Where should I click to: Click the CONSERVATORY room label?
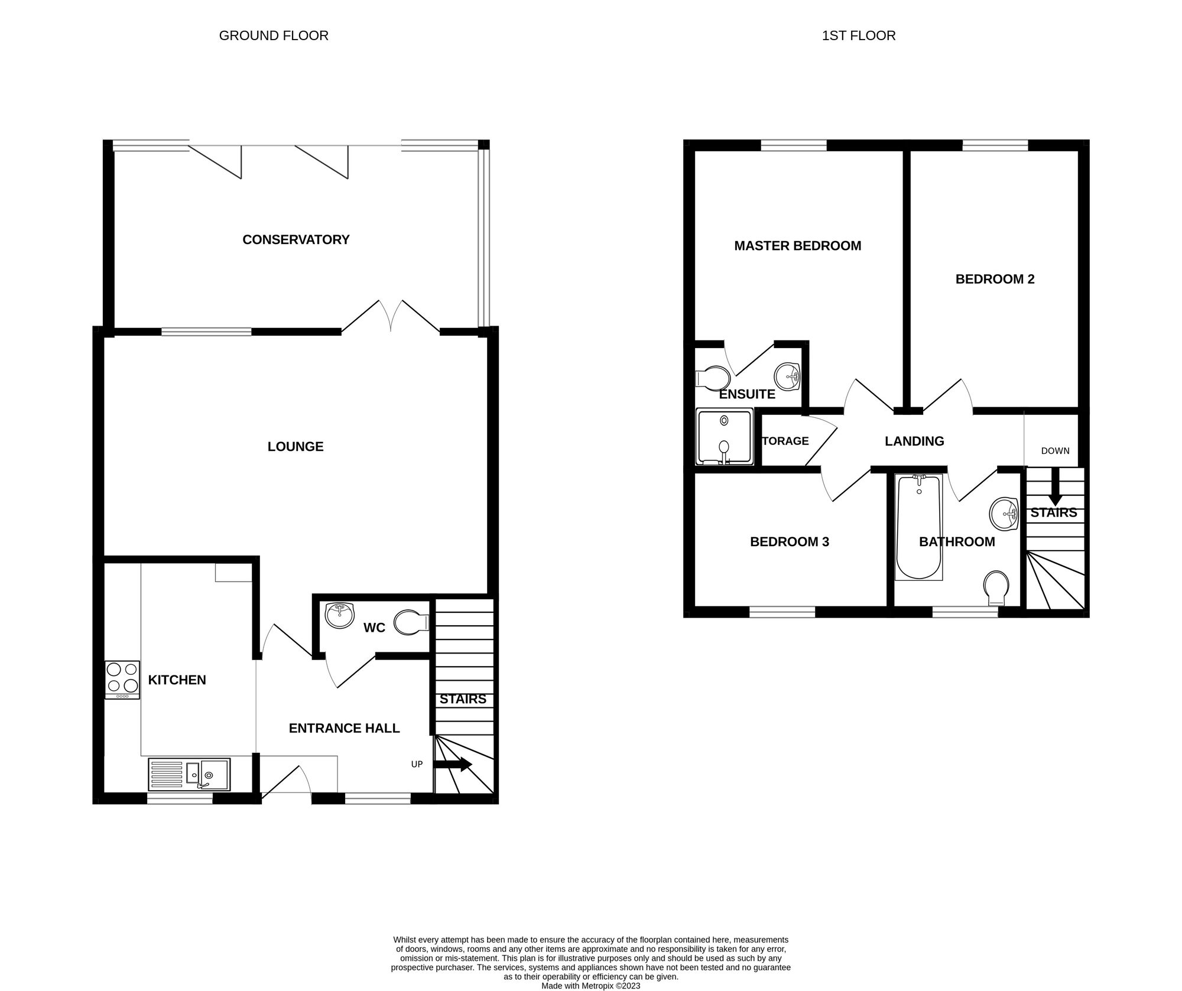coord(295,239)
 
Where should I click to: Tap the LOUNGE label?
coord(295,446)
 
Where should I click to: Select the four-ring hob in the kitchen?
coord(122,680)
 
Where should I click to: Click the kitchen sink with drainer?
coord(189,774)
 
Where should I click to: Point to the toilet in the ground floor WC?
coord(411,622)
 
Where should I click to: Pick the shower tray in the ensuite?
coord(725,436)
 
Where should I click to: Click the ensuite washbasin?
coord(787,376)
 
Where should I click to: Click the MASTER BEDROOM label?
coord(797,245)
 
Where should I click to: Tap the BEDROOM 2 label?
coord(995,279)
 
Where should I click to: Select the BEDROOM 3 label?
coord(789,541)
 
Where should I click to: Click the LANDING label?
coord(914,441)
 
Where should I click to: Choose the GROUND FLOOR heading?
coord(274,35)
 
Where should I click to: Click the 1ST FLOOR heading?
coord(858,35)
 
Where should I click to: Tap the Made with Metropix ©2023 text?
coord(590,986)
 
